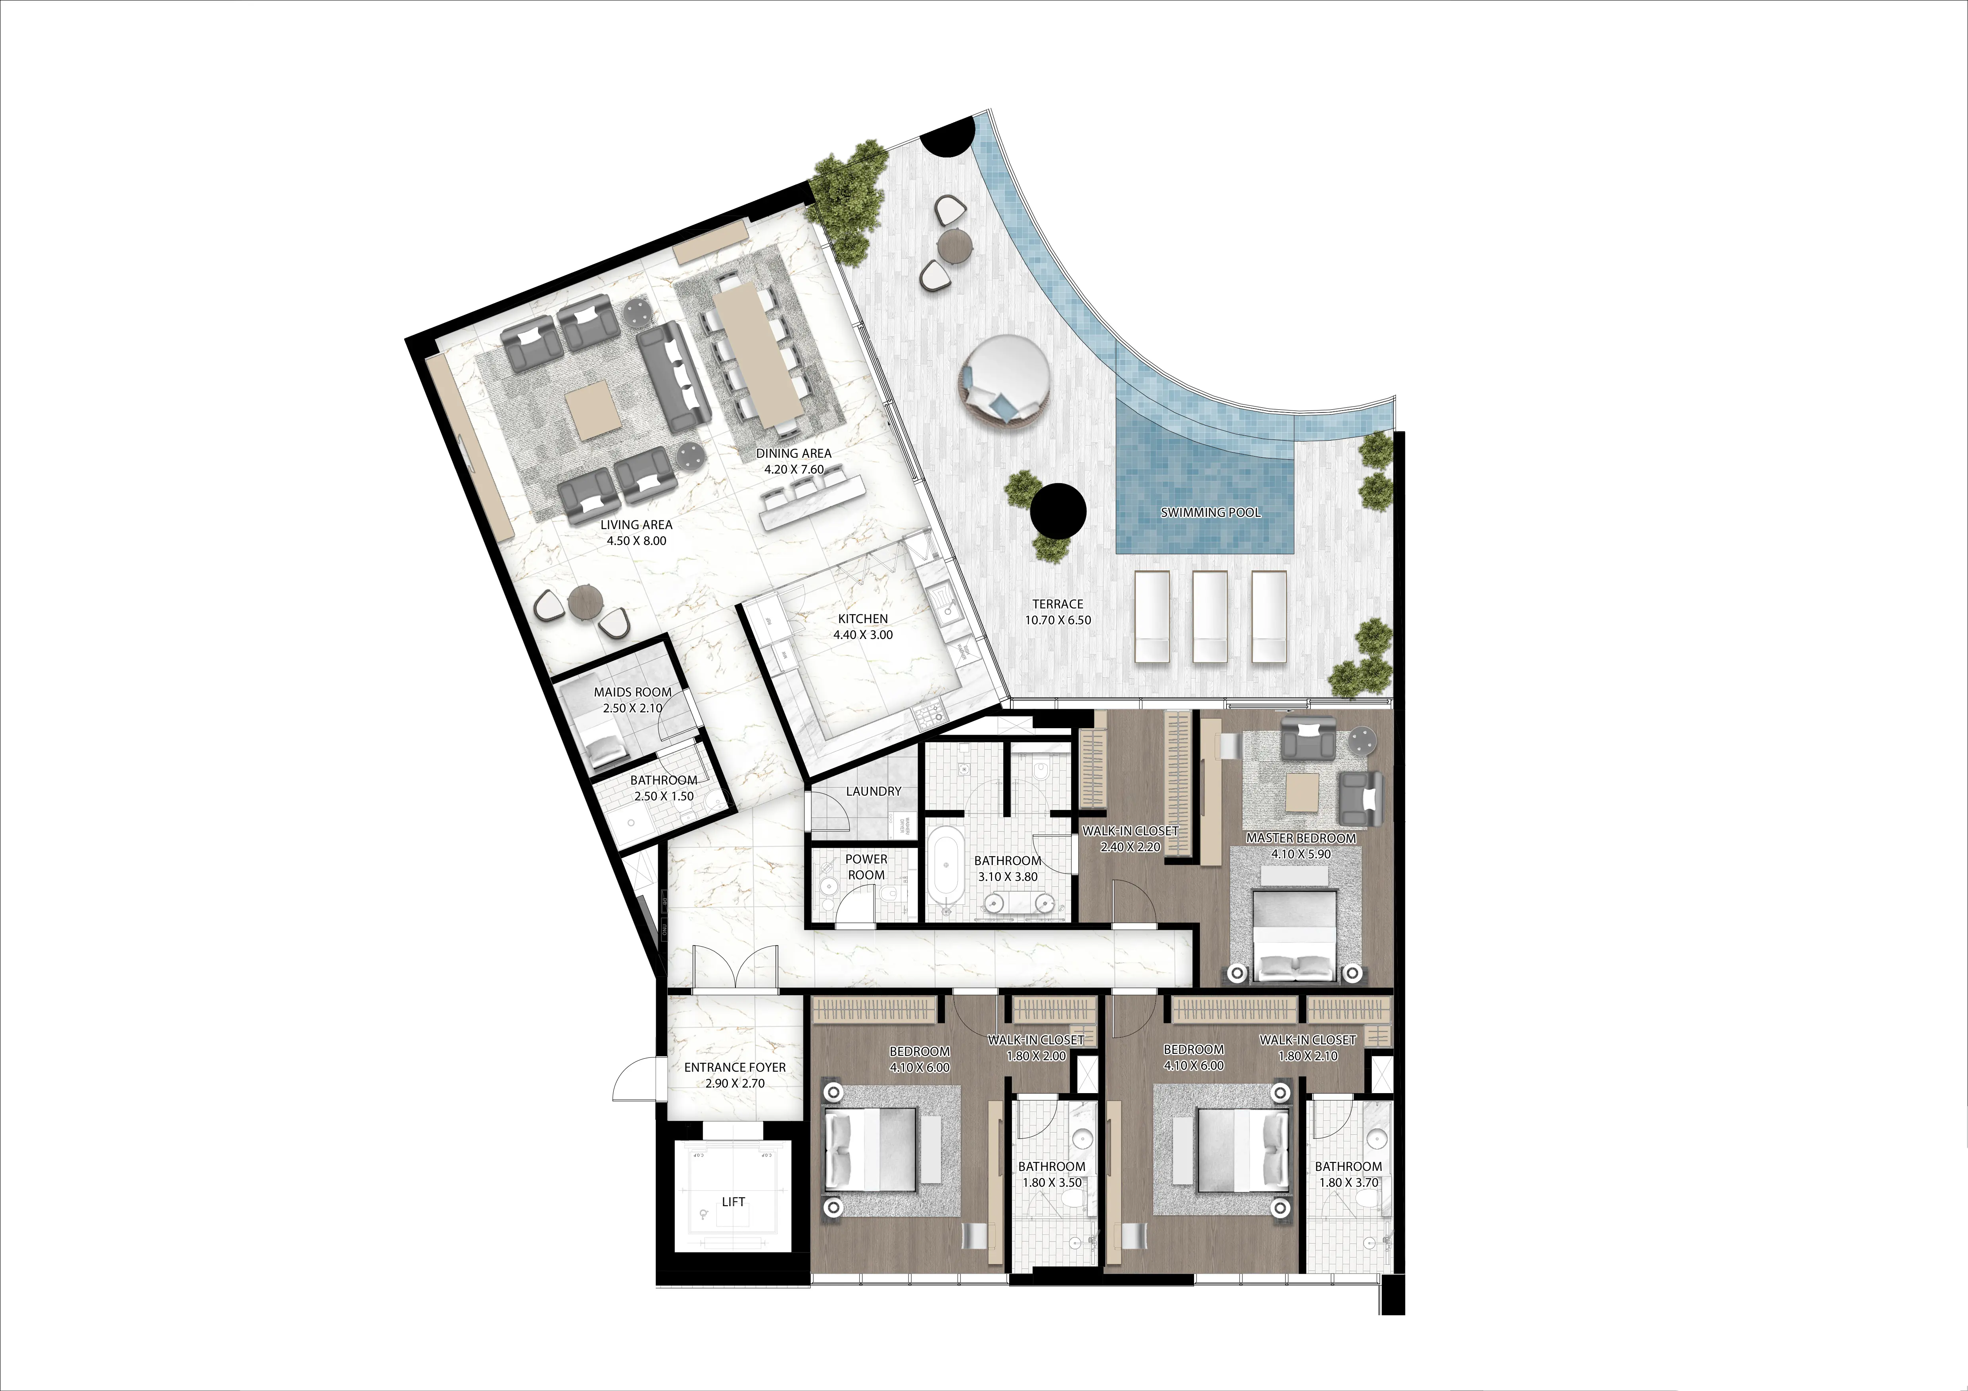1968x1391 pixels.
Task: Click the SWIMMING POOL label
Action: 1210,512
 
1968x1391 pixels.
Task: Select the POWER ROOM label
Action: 866,867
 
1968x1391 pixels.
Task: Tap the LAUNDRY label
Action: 874,791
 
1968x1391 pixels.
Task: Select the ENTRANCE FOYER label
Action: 735,1067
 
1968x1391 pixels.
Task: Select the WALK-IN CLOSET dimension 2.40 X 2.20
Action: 1130,847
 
